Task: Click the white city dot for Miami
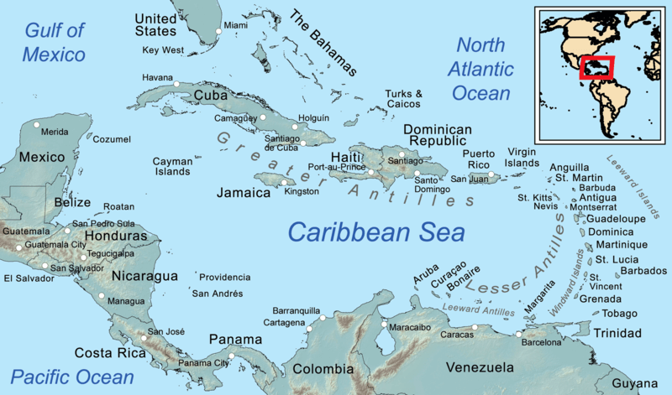[218, 31]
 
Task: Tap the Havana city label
[159, 78]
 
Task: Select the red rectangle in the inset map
[596, 67]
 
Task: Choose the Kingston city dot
[283, 182]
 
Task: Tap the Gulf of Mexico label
[55, 44]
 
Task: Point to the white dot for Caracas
[475, 326]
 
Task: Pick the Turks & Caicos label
[404, 99]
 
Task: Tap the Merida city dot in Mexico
[37, 126]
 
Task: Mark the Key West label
[163, 50]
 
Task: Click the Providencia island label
[224, 277]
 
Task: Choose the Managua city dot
[102, 295]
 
